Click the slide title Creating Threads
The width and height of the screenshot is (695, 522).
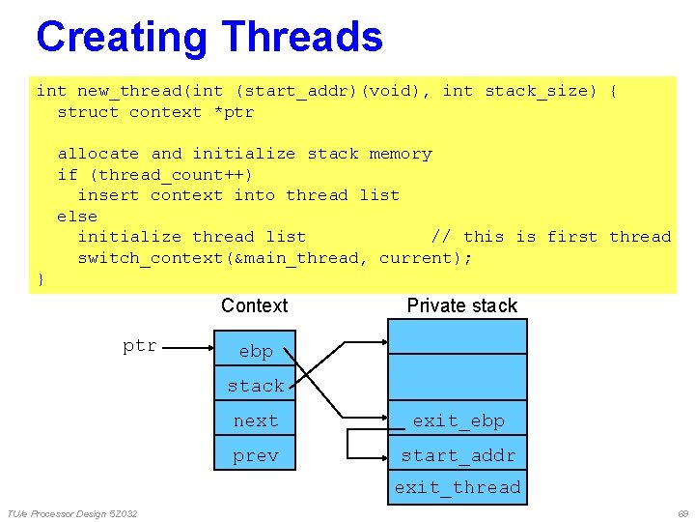[x=208, y=38]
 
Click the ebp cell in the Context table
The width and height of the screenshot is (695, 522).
[x=256, y=351]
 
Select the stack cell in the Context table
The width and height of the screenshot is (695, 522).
[x=256, y=386]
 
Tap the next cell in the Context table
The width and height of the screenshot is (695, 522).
[x=256, y=420]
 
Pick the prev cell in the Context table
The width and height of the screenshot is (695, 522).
[x=256, y=455]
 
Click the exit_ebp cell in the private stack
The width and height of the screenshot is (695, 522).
[x=458, y=420]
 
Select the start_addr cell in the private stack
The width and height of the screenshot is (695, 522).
[x=458, y=455]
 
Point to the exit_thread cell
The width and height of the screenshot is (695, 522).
[x=458, y=487]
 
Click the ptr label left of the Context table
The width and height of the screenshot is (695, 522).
[x=140, y=345]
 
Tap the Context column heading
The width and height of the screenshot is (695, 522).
[x=254, y=305]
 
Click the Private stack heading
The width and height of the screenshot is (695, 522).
[x=461, y=305]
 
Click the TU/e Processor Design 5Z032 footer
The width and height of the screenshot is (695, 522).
[x=72, y=512]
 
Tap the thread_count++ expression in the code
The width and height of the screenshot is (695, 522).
[x=171, y=175]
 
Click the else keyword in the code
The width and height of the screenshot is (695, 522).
[x=77, y=217]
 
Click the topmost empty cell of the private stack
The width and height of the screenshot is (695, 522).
[x=458, y=336]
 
